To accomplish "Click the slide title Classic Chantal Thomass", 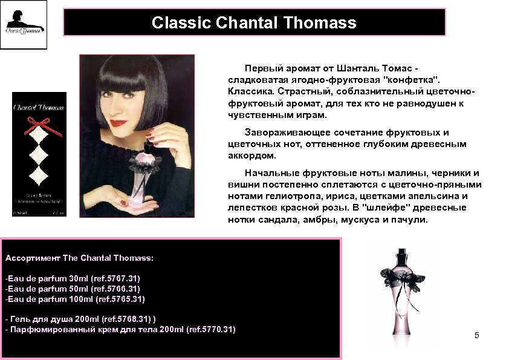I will click(254, 23).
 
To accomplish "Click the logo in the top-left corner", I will click(24, 25).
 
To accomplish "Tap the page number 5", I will click(476, 335).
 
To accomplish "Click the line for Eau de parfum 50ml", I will click(73, 289).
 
